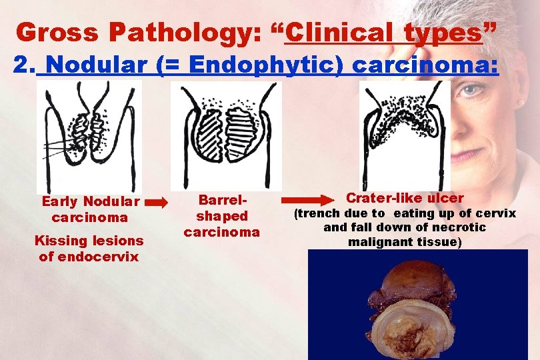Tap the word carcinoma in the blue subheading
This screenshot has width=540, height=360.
coord(425,65)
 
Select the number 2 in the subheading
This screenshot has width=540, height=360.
coord(23,65)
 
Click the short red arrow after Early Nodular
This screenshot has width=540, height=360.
coord(157,202)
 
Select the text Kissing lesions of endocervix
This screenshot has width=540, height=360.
coord(89,248)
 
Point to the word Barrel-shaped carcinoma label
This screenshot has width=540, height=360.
coord(222,216)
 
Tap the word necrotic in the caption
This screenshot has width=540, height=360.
coord(463,227)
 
